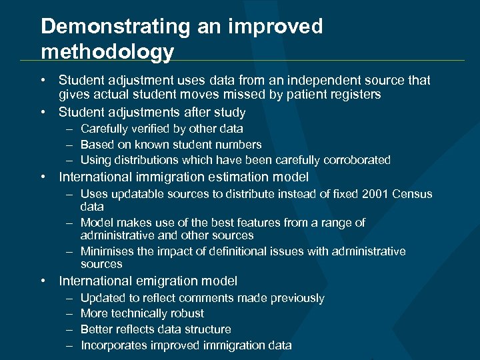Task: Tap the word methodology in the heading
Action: (107, 51)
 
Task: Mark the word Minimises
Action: (105, 251)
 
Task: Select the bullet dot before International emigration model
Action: (43, 281)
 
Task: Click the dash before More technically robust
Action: (70, 313)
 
